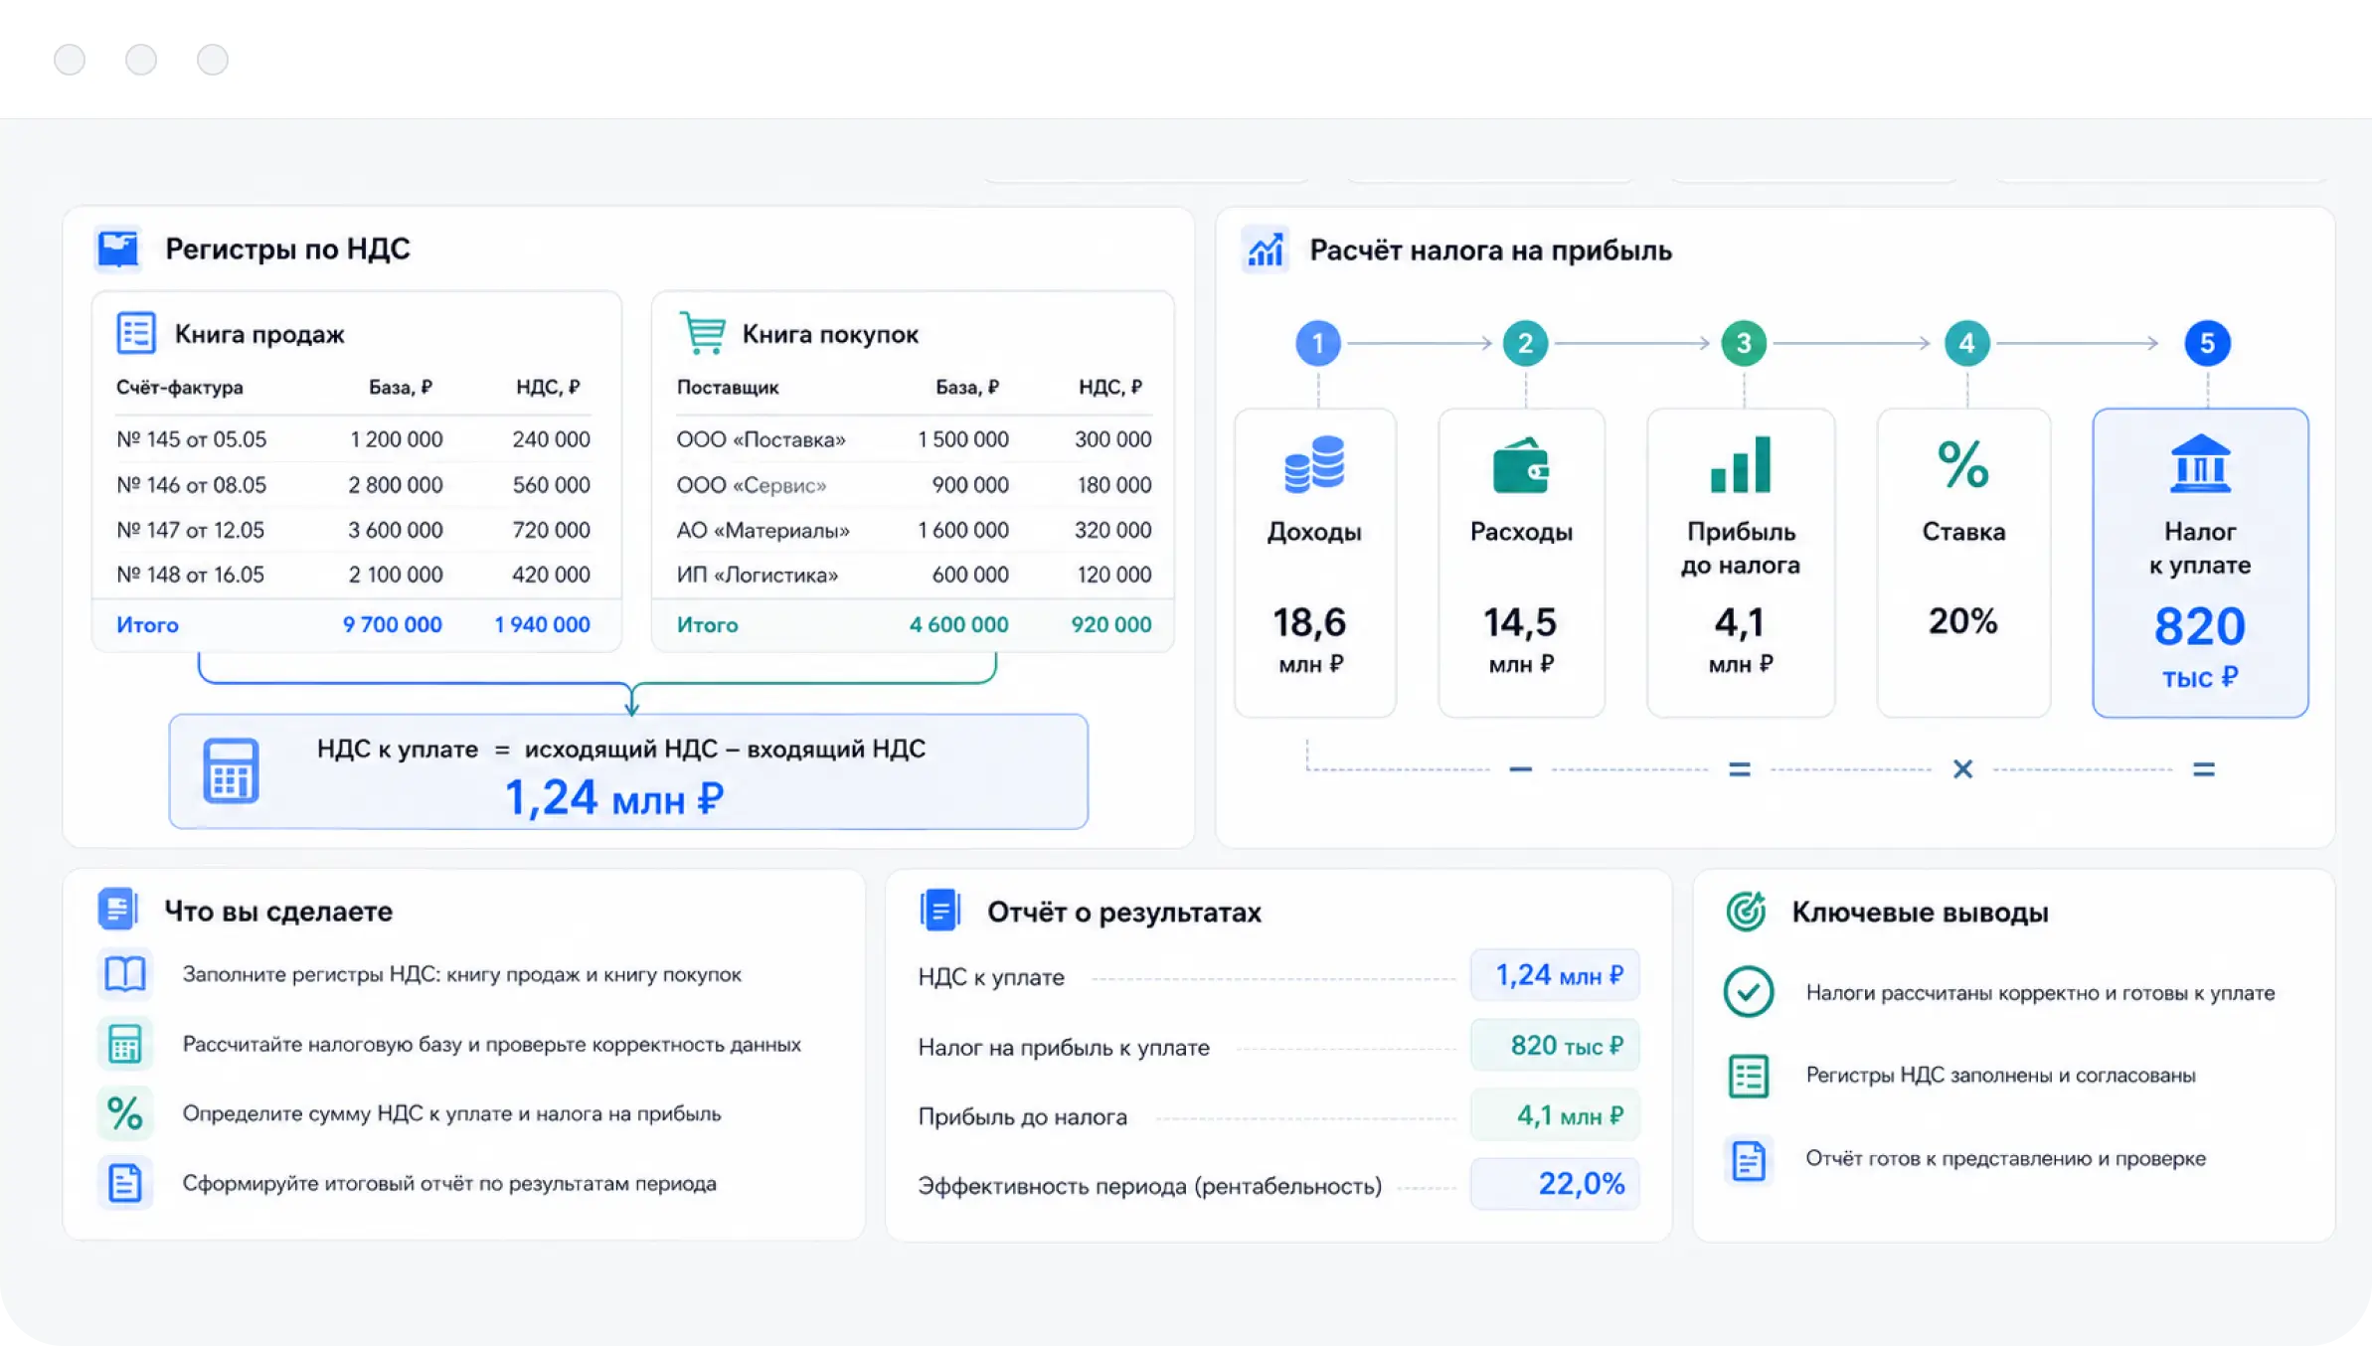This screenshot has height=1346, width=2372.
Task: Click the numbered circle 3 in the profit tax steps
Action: [1743, 343]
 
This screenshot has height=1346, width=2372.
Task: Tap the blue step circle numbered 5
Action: [2207, 343]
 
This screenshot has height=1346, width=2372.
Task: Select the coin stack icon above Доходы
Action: [1314, 464]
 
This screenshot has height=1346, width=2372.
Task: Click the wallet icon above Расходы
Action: [1521, 465]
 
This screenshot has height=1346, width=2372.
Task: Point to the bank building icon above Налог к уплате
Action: [2200, 463]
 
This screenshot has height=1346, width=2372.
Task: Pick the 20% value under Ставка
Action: [1962, 621]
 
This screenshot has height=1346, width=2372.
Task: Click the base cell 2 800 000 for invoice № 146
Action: [395, 485]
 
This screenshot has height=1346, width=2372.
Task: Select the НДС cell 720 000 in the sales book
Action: [551, 530]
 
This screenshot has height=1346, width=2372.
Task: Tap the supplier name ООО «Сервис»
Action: [752, 485]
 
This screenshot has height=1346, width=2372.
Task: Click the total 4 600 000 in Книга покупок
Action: [958, 624]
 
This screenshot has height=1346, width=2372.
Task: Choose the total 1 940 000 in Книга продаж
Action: [542, 624]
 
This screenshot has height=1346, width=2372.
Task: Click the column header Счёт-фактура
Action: [180, 387]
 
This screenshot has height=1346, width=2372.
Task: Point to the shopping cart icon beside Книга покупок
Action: [703, 333]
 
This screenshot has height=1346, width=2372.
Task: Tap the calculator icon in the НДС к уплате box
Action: [231, 770]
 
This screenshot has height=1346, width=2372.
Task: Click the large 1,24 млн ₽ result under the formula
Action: [614, 798]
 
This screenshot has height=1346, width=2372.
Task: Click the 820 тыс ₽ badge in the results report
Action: [1555, 1045]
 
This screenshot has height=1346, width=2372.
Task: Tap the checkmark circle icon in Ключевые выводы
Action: [1748, 992]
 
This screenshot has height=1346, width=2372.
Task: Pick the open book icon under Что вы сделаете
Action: [125, 974]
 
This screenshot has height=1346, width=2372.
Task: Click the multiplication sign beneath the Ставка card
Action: [1962, 768]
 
